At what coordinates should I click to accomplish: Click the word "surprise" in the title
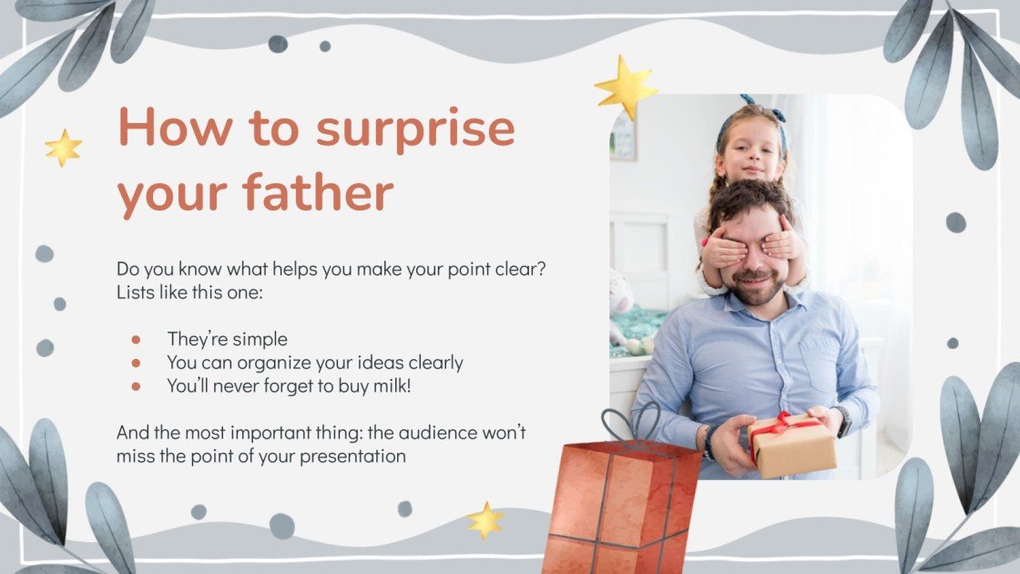[415, 128]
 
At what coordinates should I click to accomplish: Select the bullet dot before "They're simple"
[137, 339]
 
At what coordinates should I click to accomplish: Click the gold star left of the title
[64, 148]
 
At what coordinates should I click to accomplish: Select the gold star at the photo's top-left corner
[626, 88]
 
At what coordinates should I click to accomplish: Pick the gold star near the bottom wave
[485, 520]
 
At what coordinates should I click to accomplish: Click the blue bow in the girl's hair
[749, 101]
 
